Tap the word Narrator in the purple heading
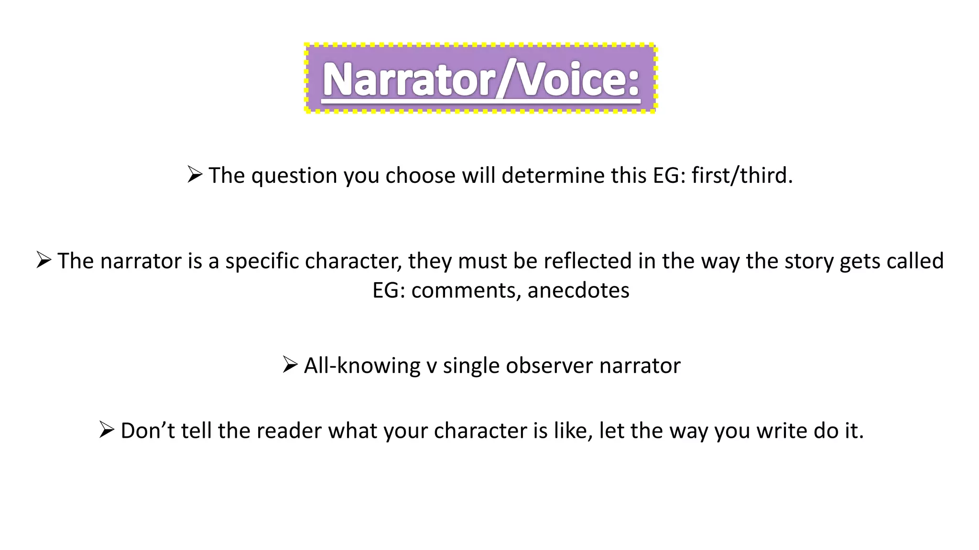coord(409,79)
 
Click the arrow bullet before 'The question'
coord(195,174)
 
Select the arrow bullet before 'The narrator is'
coord(44,260)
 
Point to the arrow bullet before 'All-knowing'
coord(290,364)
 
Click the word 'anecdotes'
coord(578,290)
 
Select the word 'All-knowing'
coord(362,366)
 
